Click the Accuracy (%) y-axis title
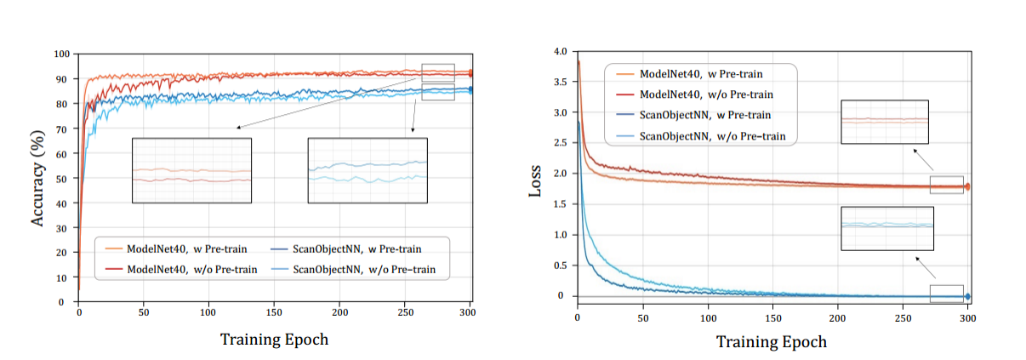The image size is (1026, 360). (x=38, y=178)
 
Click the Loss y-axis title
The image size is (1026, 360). (x=535, y=181)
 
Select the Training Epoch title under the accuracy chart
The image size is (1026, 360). (x=274, y=339)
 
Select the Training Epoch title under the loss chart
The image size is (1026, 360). (x=771, y=341)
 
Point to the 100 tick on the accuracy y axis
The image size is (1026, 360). (x=61, y=54)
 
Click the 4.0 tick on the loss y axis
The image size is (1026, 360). (x=559, y=52)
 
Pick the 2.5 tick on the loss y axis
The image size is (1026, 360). (x=559, y=143)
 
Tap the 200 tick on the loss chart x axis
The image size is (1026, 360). (x=838, y=317)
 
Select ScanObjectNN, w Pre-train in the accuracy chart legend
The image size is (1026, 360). (x=357, y=249)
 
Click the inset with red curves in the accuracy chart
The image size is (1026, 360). (x=191, y=170)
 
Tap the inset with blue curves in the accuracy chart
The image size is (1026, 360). (x=368, y=170)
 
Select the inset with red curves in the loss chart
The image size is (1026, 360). (x=884, y=121)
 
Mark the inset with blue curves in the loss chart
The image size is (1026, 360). (x=886, y=227)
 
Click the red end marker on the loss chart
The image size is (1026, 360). (x=967, y=186)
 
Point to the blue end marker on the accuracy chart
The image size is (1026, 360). (x=471, y=89)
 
